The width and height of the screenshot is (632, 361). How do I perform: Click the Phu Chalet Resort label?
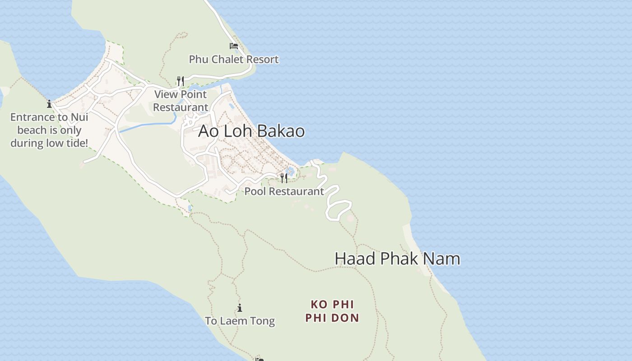[233, 59]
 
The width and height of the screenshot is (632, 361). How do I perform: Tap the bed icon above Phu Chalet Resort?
[233, 46]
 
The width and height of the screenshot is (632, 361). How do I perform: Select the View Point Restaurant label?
[181, 101]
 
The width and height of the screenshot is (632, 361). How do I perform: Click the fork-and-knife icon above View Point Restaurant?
[181, 81]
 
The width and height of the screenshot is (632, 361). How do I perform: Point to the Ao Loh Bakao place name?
[251, 131]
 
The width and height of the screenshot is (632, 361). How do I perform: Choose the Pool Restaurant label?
[284, 191]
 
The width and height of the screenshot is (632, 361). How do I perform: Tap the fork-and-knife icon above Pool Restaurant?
[284, 178]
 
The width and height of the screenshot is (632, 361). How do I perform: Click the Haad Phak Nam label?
[397, 259]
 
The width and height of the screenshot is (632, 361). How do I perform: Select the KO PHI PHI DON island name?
[332, 311]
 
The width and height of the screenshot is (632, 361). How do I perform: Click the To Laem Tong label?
[240, 321]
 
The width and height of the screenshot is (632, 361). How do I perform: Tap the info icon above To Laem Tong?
[240, 308]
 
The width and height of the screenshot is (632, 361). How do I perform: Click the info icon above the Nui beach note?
[49, 104]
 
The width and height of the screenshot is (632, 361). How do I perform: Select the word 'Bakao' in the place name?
[282, 131]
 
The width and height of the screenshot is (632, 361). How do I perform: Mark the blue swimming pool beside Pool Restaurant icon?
[291, 171]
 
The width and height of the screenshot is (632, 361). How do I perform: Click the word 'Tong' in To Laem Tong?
[263, 321]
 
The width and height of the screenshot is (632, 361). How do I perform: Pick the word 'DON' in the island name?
[344, 318]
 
